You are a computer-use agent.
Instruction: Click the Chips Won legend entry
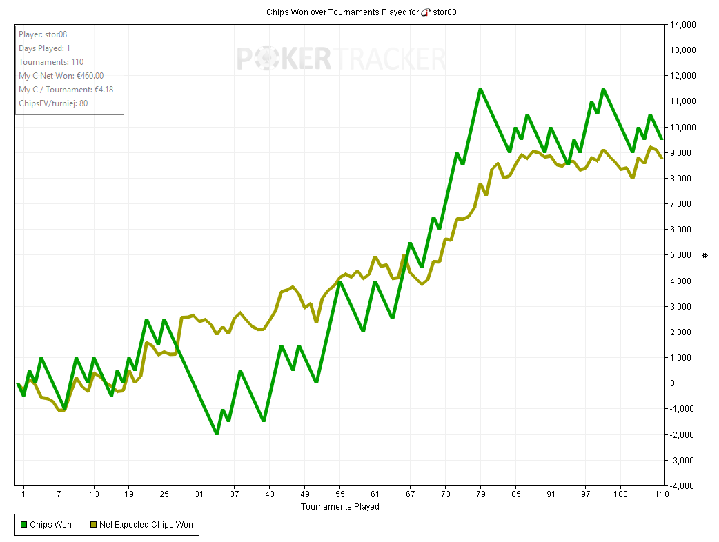point(46,525)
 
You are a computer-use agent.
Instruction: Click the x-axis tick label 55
point(339,494)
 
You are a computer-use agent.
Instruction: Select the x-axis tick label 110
point(662,494)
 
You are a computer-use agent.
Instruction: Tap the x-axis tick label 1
point(23,494)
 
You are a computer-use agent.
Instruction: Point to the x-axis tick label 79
point(481,494)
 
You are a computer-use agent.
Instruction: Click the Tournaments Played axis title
point(339,507)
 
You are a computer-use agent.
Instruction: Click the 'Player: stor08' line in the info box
point(43,34)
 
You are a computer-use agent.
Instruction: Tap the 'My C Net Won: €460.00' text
point(61,76)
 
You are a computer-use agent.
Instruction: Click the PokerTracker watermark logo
point(342,59)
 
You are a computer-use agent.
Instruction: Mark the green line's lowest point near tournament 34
point(217,434)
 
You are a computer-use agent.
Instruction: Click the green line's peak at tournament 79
point(480,89)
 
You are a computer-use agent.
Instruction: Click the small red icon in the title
point(426,12)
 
